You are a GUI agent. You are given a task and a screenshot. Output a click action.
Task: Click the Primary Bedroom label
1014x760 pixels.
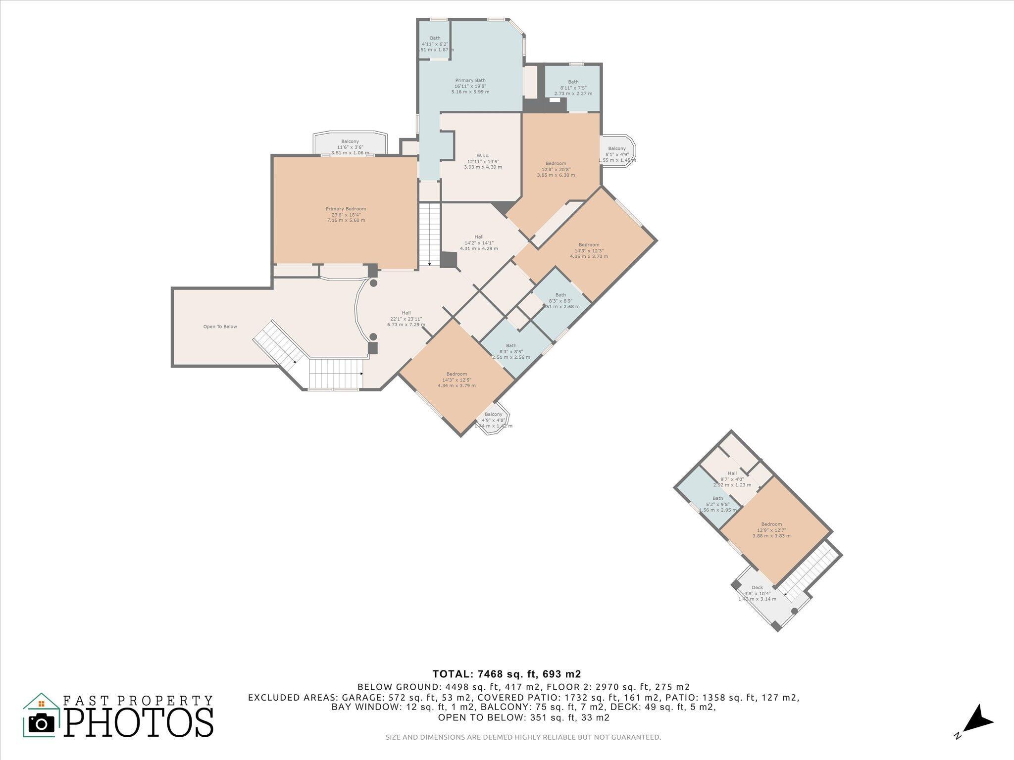(346, 214)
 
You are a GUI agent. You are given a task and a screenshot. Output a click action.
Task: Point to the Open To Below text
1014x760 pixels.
(220, 327)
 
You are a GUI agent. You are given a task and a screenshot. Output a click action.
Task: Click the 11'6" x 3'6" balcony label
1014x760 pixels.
(350, 147)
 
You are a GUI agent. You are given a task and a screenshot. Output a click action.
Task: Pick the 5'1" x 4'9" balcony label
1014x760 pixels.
(616, 154)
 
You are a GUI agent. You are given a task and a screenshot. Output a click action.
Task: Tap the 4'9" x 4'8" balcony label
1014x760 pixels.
(493, 420)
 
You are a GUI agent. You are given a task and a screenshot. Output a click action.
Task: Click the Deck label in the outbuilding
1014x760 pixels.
(757, 593)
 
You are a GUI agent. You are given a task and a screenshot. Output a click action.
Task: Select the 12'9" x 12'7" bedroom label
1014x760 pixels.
(771, 530)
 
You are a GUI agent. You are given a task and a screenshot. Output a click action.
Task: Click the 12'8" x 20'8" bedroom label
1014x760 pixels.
(556, 169)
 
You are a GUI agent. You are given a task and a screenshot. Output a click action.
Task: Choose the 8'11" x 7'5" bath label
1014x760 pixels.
(573, 88)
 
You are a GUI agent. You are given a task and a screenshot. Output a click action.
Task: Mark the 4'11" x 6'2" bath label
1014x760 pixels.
(435, 44)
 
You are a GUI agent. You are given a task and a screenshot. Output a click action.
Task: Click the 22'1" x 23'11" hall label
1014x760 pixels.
(406, 319)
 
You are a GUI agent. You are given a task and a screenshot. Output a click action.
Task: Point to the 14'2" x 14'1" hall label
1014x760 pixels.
(478, 242)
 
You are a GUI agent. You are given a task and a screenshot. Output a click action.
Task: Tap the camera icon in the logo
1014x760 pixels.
(42, 723)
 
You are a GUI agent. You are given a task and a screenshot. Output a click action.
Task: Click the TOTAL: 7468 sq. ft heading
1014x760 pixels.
(506, 674)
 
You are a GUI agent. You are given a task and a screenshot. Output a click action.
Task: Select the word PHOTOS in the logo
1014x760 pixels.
(139, 722)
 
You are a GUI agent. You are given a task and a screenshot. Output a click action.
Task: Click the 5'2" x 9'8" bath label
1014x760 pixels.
(717, 504)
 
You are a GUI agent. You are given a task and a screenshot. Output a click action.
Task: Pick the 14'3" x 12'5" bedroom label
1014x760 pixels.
(456, 380)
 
